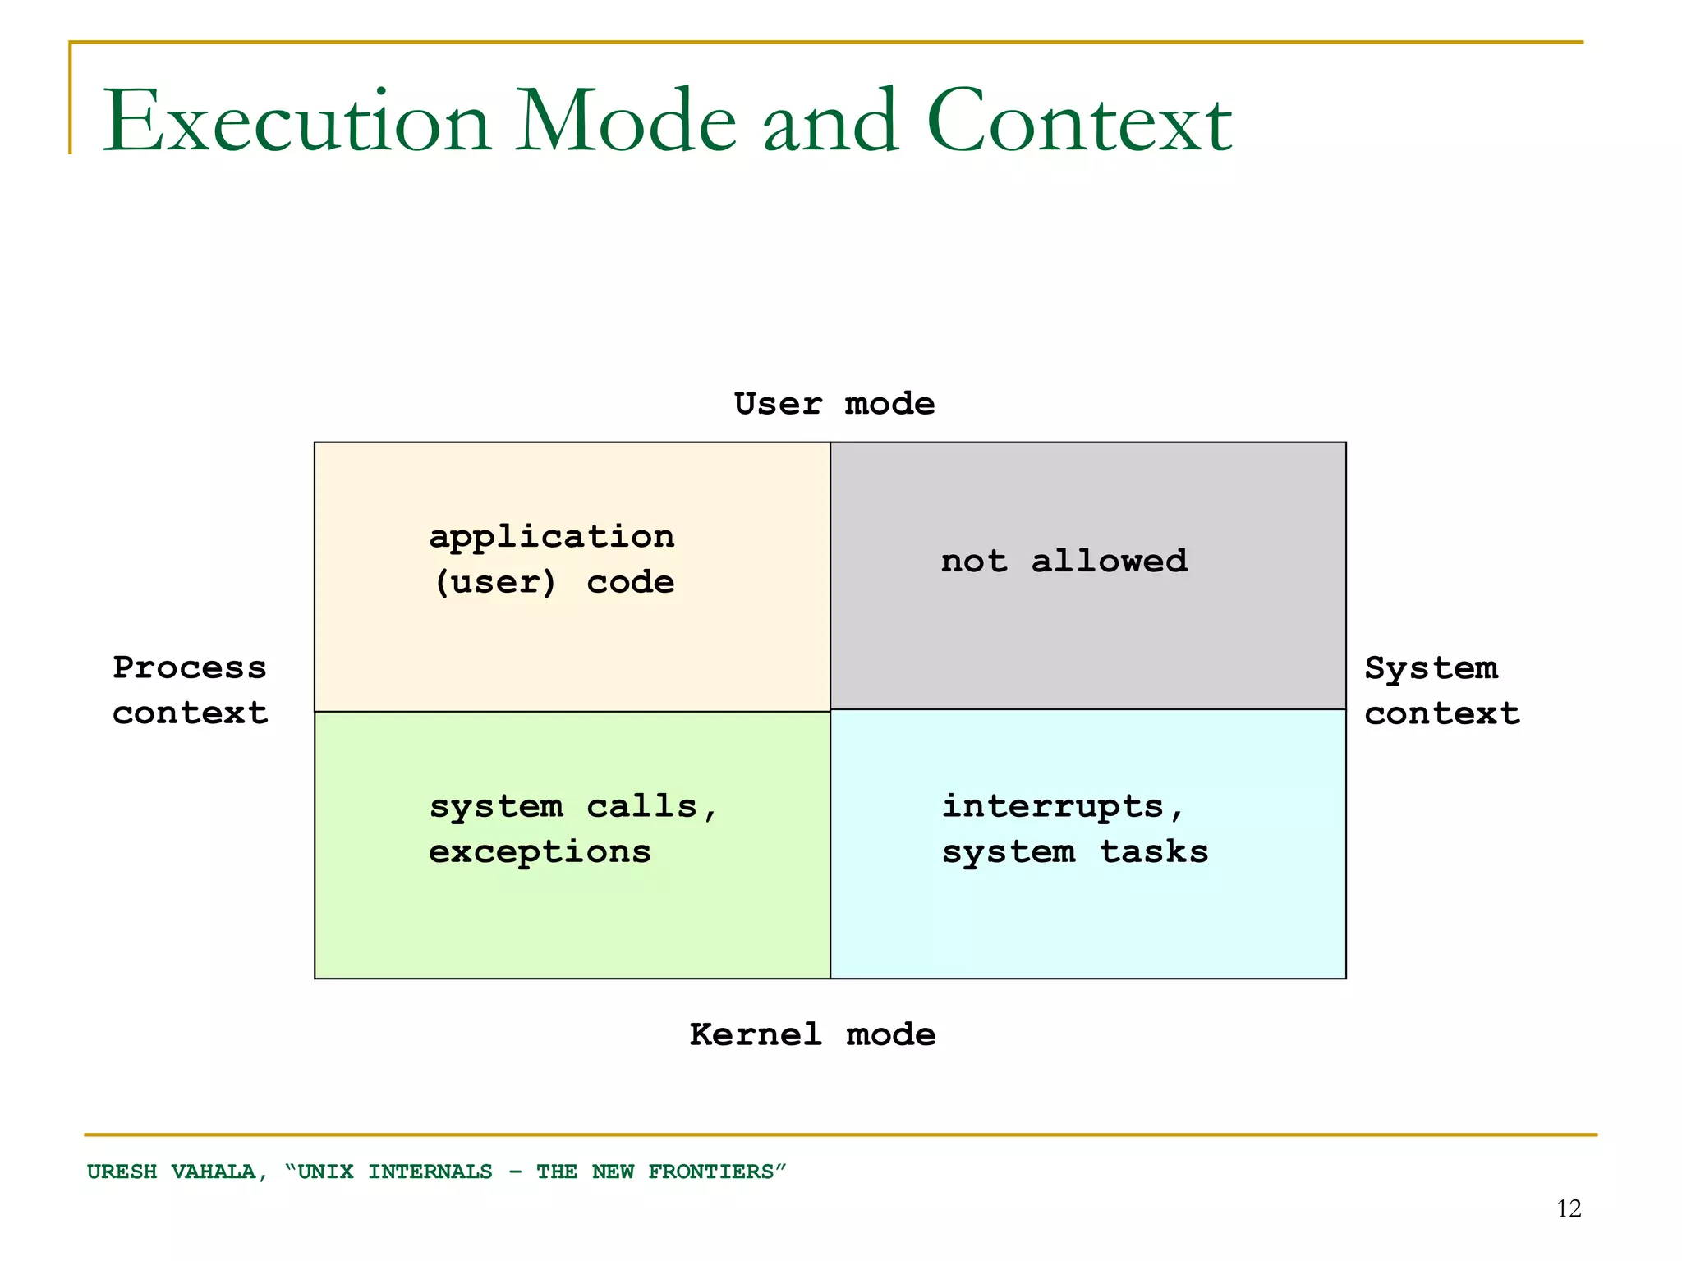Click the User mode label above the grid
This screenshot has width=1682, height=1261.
834,404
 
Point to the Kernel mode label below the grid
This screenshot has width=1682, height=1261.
812,1034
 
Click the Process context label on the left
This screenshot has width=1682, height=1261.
190,690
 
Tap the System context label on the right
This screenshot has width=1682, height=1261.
1441,690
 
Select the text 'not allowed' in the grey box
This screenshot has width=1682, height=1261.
1064,562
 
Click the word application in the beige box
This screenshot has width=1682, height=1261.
552,538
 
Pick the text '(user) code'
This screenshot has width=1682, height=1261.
554,583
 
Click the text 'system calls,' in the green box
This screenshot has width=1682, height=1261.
573,807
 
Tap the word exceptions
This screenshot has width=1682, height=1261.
540,852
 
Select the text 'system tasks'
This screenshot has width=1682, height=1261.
1074,852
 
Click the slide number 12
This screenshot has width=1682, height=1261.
1569,1208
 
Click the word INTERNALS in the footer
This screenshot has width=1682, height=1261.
430,1172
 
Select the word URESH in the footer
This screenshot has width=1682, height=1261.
122,1172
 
